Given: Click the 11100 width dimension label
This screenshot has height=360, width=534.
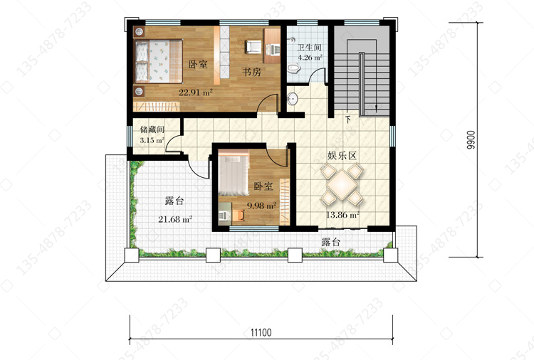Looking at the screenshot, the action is click(x=261, y=332).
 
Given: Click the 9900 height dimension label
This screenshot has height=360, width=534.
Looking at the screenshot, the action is click(x=471, y=140).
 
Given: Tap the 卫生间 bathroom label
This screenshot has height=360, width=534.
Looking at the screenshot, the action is click(x=309, y=48).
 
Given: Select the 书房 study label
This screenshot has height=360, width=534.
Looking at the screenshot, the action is click(x=251, y=72).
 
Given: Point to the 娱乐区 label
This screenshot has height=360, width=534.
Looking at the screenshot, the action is click(x=342, y=156).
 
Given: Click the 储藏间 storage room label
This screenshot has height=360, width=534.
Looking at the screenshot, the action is click(x=152, y=129).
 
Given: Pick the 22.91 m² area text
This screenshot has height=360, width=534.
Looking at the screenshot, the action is click(x=196, y=92).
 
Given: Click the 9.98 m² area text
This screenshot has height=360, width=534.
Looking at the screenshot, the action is click(x=261, y=206).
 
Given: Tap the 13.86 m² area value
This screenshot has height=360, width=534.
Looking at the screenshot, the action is click(x=343, y=215).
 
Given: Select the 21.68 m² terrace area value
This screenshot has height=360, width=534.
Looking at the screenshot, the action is click(x=175, y=219).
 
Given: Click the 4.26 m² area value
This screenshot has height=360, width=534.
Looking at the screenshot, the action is click(x=310, y=57).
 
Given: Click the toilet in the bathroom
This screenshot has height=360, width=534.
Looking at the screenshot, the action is click(x=293, y=68).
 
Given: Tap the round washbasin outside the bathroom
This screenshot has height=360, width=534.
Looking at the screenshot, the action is click(x=292, y=99).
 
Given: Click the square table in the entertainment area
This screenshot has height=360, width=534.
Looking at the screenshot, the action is click(x=342, y=185).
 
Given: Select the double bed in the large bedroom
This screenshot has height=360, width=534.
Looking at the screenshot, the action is click(x=159, y=61).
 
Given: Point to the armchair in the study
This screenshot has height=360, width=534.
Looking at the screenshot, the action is click(x=253, y=47).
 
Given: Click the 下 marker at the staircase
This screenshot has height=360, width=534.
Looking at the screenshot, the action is click(x=348, y=120).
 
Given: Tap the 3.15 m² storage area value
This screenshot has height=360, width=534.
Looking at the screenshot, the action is click(x=152, y=140).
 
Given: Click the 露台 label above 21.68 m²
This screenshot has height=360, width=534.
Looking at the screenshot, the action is click(x=174, y=201).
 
